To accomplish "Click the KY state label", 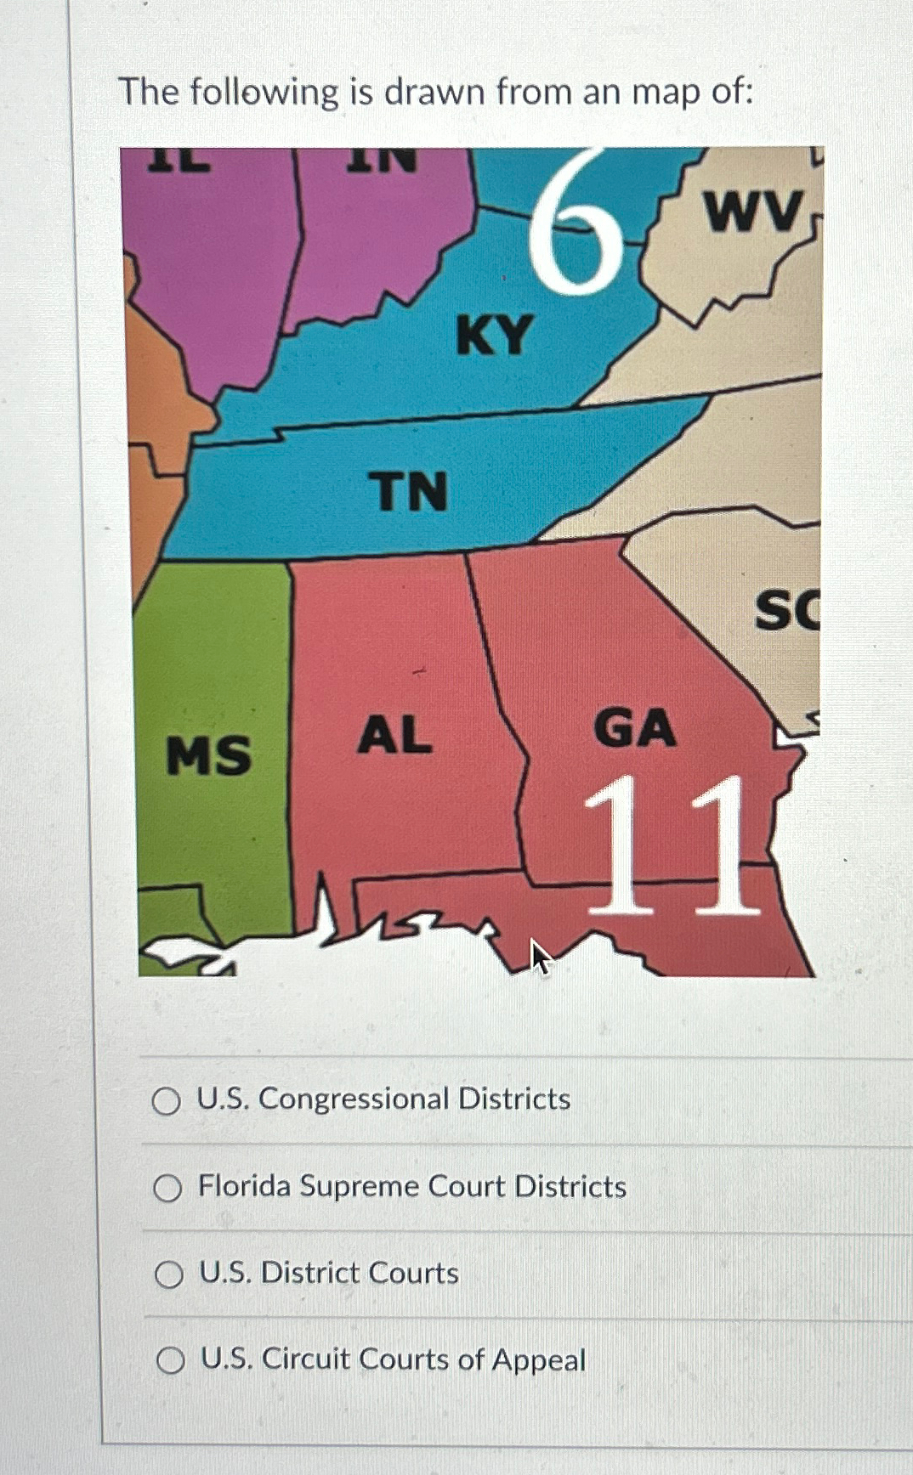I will pyautogui.click(x=495, y=335).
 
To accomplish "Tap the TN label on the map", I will pyautogui.click(x=408, y=492).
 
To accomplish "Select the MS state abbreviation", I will pyautogui.click(x=209, y=755).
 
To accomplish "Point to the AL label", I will pyautogui.click(x=394, y=735).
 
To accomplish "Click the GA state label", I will pyautogui.click(x=635, y=729).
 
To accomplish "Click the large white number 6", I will pyautogui.click(x=576, y=223).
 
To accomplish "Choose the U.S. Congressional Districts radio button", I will pyautogui.click(x=167, y=1101).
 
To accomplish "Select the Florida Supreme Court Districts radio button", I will pyautogui.click(x=167, y=1188).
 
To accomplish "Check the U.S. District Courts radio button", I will pyautogui.click(x=169, y=1274).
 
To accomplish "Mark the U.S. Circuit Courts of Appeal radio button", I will pyautogui.click(x=171, y=1361).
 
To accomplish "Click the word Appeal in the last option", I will pyautogui.click(x=539, y=1360).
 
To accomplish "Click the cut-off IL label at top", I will pyautogui.click(x=179, y=160).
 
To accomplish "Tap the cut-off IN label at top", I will pyautogui.click(x=382, y=160).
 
